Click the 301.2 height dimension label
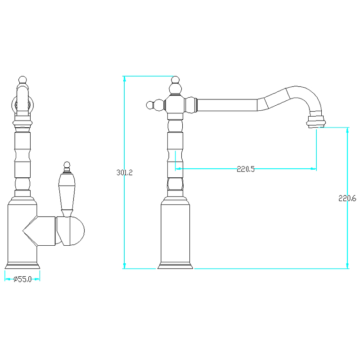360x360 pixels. [125, 172]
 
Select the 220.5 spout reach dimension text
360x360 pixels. [246, 169]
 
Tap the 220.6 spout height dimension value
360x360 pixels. [347, 198]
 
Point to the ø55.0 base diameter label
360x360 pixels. [22, 279]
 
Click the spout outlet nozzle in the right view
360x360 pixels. [316, 121]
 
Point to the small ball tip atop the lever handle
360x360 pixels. [67, 165]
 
